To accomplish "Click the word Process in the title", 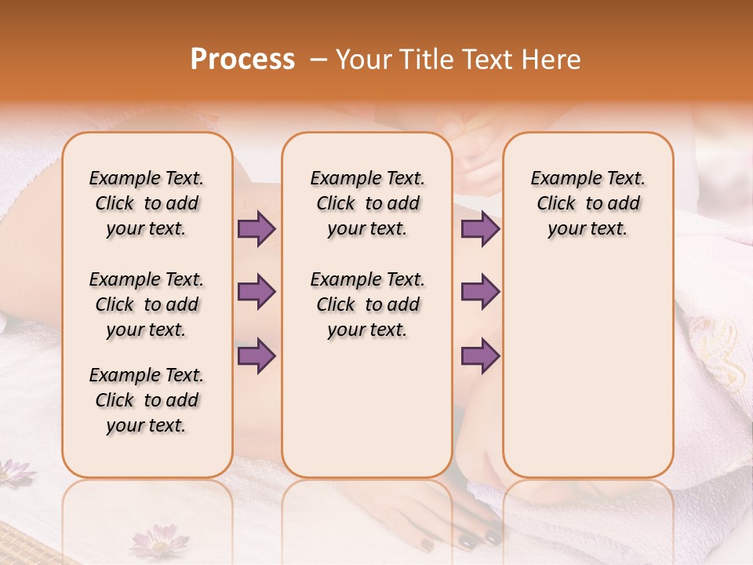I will click(x=242, y=60).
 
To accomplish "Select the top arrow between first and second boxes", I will click(x=256, y=229).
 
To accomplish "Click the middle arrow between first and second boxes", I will click(x=256, y=292).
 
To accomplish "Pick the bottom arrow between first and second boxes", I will click(x=256, y=356).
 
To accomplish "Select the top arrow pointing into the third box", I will click(x=480, y=229).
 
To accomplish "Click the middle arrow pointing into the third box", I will click(x=480, y=292).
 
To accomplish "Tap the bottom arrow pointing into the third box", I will click(x=480, y=356).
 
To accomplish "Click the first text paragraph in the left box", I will click(x=147, y=203).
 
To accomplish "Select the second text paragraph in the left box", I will click(x=147, y=304).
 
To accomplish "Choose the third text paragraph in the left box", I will click(x=147, y=400).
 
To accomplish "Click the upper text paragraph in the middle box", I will click(x=367, y=203).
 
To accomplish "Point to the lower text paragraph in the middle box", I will click(x=367, y=304).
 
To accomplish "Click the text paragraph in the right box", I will click(x=587, y=203).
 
